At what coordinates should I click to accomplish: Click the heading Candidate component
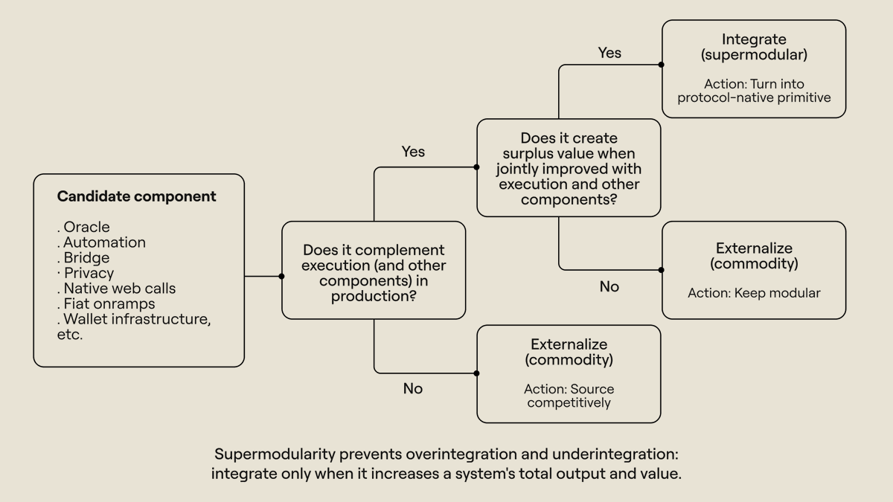[x=136, y=196]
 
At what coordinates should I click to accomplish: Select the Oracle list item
[x=83, y=227]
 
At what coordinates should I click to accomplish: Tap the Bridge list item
[x=83, y=258]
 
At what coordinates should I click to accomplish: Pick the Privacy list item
[x=86, y=274]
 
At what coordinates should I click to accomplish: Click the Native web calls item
[x=116, y=288]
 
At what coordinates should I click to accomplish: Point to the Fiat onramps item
[x=106, y=304]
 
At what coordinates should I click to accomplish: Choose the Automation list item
[x=102, y=242]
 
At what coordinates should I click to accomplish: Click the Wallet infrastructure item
[x=134, y=319]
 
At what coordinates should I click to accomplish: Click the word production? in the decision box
[x=374, y=297]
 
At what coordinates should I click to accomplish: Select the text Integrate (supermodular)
[x=754, y=47]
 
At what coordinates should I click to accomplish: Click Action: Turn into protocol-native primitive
[x=754, y=91]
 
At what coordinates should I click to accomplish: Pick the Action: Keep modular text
[x=754, y=293]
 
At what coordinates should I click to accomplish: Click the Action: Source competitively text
[x=569, y=396]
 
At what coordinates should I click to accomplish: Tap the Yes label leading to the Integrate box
[x=609, y=53]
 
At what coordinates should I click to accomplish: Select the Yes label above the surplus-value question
[x=413, y=152]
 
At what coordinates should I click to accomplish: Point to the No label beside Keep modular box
[x=609, y=286]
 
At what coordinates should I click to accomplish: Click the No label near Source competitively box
[x=412, y=388]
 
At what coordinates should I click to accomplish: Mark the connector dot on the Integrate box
[x=661, y=65]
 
